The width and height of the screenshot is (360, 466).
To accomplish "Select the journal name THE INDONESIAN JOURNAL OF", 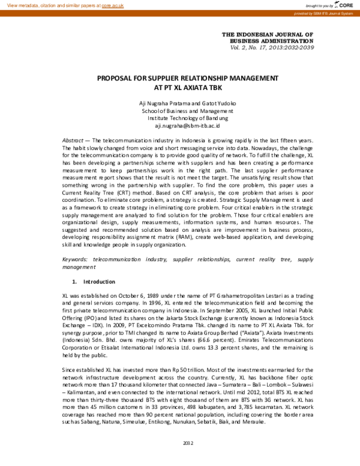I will [267, 35].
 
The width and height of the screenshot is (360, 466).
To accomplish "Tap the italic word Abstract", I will [73, 139].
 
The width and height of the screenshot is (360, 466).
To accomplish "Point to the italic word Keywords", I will [75, 259].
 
